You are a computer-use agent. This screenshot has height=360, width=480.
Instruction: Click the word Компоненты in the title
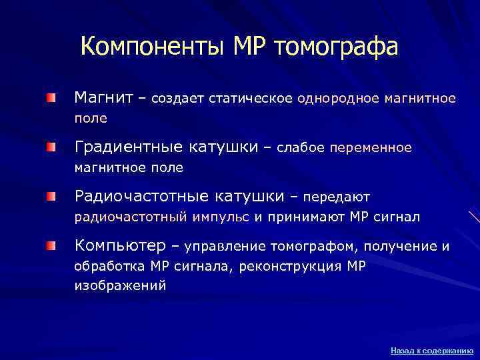click(153, 47)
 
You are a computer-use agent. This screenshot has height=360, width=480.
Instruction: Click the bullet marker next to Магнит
click(51, 99)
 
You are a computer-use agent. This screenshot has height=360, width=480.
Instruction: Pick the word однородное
click(337, 99)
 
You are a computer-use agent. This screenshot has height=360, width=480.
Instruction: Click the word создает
click(178, 99)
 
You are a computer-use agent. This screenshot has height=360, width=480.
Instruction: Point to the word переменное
click(371, 147)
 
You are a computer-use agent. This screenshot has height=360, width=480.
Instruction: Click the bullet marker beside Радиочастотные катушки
click(51, 197)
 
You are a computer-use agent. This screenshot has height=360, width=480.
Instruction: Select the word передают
click(337, 197)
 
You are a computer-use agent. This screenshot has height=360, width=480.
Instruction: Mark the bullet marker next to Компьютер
click(51, 247)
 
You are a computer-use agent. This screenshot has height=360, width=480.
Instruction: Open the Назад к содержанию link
click(431, 350)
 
